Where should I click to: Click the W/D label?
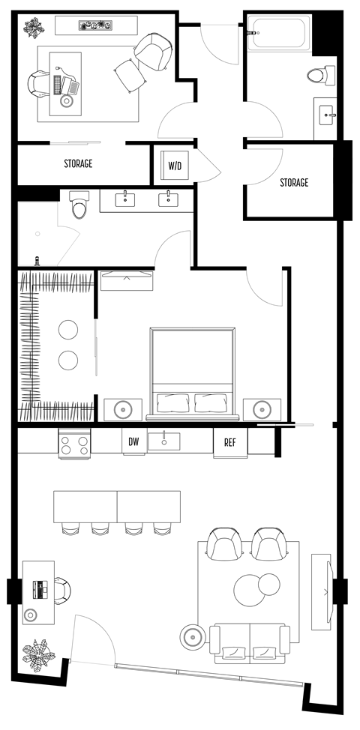click(x=174, y=165)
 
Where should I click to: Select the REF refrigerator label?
click(x=230, y=442)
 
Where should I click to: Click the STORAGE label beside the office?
click(x=77, y=163)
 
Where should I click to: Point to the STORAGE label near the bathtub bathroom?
click(x=294, y=182)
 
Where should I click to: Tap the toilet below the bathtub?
click(x=319, y=75)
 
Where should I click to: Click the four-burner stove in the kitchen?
click(x=75, y=444)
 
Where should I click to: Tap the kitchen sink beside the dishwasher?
click(x=163, y=441)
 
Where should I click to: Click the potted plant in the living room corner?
click(x=38, y=654)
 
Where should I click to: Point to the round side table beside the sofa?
click(x=193, y=638)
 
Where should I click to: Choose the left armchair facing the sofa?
click(x=223, y=544)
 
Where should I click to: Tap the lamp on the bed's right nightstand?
click(x=262, y=409)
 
